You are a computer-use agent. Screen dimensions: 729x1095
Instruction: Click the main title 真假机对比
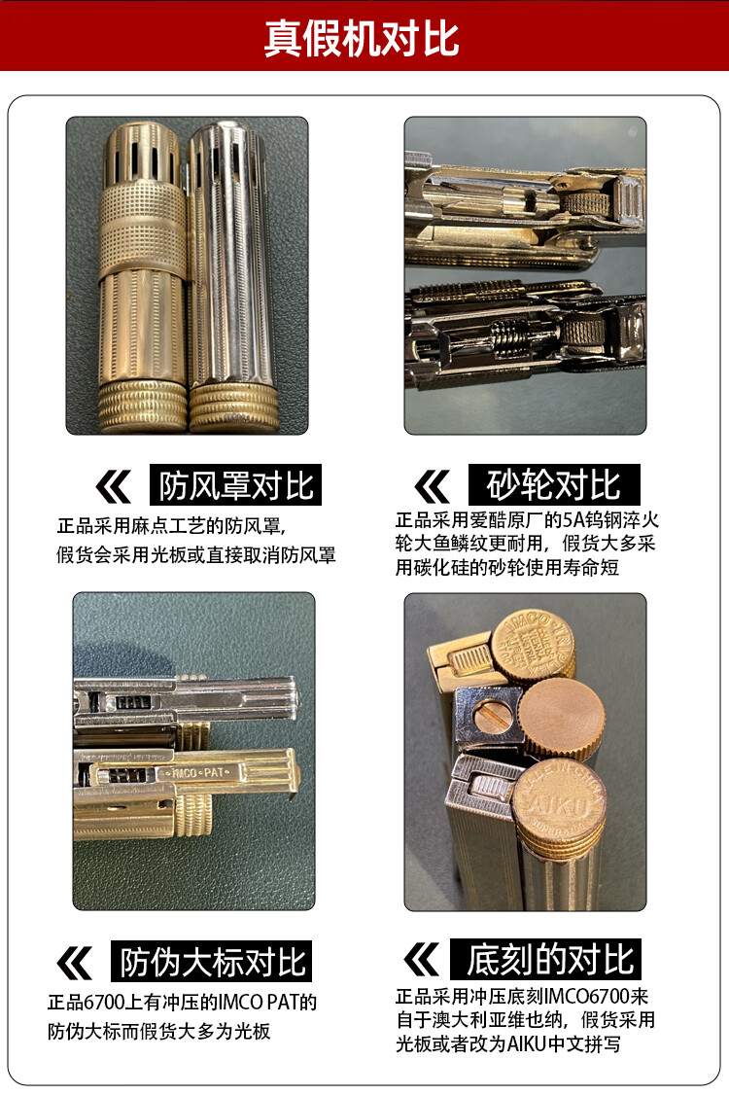pyautogui.click(x=362, y=38)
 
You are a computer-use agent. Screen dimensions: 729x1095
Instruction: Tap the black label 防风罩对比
pyautogui.click(x=235, y=484)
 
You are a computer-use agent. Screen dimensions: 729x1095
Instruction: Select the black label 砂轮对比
pyautogui.click(x=554, y=484)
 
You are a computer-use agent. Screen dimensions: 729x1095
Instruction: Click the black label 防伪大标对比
pyautogui.click(x=211, y=962)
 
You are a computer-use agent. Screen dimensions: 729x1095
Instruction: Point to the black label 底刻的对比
pyautogui.click(x=545, y=959)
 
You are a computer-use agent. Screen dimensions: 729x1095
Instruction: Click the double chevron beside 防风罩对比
pyautogui.click(x=113, y=487)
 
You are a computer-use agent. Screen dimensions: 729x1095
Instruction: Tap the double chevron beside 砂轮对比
pyautogui.click(x=433, y=486)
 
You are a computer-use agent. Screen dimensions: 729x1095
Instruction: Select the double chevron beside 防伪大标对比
pyautogui.click(x=75, y=964)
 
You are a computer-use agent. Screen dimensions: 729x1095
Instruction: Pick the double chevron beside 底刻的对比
pyautogui.click(x=422, y=960)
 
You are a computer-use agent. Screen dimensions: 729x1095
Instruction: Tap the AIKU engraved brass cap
pyautogui.click(x=558, y=806)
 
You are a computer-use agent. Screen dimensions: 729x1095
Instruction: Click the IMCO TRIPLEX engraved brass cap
pyautogui.click(x=533, y=647)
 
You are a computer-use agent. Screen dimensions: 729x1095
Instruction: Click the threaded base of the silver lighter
pyautogui.click(x=234, y=406)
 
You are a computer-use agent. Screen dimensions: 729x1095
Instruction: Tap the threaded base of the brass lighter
pyautogui.click(x=144, y=406)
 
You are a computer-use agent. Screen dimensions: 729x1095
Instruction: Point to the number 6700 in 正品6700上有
pyautogui.click(x=104, y=1002)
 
